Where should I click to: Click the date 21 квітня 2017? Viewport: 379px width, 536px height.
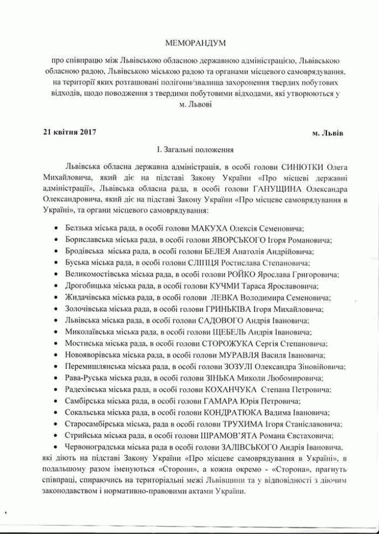(69, 132)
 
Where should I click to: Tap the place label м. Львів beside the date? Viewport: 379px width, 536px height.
(328, 133)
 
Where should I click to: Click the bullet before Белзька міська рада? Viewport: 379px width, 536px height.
(57, 229)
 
